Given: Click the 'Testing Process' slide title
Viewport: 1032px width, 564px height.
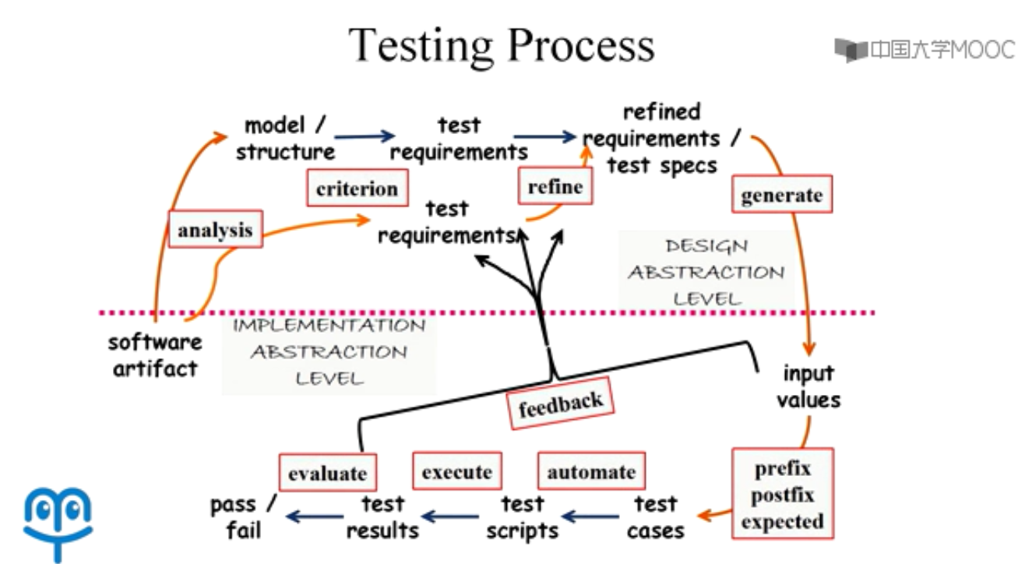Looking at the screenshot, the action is tap(502, 46).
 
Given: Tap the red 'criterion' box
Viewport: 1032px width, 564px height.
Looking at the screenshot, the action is tap(358, 188).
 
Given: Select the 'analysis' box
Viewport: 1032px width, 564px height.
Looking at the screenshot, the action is tap(215, 230).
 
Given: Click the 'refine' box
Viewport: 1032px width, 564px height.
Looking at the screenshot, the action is tap(555, 186).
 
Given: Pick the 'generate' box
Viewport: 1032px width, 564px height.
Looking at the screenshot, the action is tap(782, 194).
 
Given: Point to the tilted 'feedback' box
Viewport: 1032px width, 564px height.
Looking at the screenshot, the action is tap(561, 404).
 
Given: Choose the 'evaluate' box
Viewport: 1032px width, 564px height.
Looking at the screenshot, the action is tap(328, 473).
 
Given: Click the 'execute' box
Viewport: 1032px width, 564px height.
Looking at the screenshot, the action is tap(457, 471).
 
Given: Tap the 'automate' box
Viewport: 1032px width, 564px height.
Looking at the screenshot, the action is tap(592, 471).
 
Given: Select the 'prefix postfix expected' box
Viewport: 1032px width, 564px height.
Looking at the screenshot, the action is tap(783, 494).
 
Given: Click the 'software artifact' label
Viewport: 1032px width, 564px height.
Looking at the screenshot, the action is tap(155, 355).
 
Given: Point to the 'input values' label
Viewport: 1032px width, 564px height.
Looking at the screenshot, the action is tap(808, 386).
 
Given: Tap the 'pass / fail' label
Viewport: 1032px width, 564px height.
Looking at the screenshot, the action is tap(244, 517).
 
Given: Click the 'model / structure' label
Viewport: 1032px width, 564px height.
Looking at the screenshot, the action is tap(285, 138).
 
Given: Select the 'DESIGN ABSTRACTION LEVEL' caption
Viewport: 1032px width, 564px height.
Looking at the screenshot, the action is tap(706, 272).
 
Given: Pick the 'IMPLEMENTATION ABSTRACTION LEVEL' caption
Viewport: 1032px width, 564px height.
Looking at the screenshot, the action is tap(329, 352).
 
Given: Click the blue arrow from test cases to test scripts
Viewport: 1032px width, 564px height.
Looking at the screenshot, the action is tap(590, 516).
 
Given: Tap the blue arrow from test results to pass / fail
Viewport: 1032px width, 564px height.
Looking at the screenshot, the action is tap(315, 516).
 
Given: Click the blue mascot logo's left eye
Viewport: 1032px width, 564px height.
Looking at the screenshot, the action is tap(44, 509).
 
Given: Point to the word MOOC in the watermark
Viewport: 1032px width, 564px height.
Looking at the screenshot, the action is tap(982, 50).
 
